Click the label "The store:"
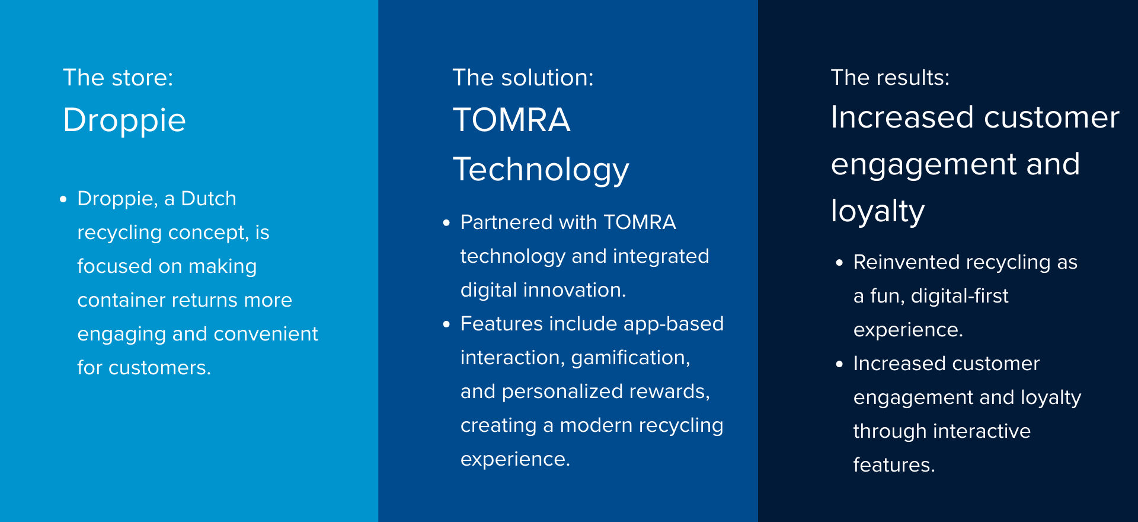pyautogui.click(x=118, y=78)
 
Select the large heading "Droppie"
pyautogui.click(x=124, y=121)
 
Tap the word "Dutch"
pyautogui.click(x=209, y=198)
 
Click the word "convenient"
pyautogui.click(x=266, y=334)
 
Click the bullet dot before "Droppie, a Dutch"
pyautogui.click(x=63, y=199)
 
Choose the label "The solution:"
pyautogui.click(x=523, y=78)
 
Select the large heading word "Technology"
pyautogui.click(x=541, y=170)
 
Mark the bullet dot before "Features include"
pyautogui.click(x=446, y=324)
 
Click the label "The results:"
pyautogui.click(x=890, y=78)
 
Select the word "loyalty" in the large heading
pyautogui.click(x=878, y=211)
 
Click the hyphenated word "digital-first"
pyautogui.click(x=960, y=296)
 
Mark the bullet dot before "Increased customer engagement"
pyautogui.click(x=839, y=364)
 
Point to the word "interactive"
pyautogui.click(x=982, y=431)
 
